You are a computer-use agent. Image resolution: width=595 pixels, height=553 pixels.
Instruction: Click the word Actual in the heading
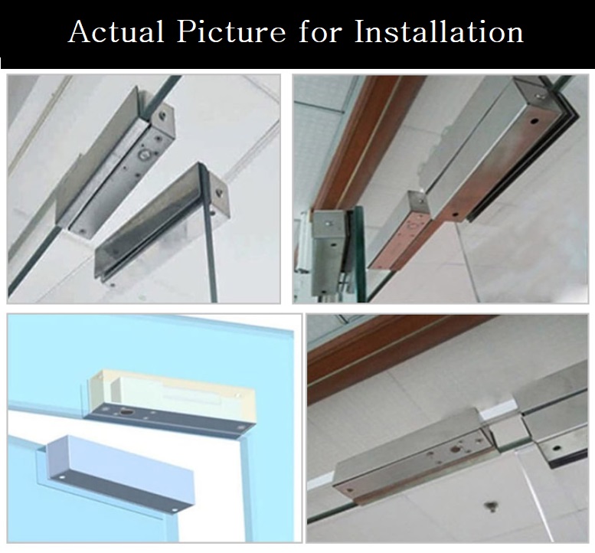pyautogui.click(x=116, y=31)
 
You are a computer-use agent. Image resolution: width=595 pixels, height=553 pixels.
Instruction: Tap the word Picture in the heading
pyautogui.click(x=231, y=31)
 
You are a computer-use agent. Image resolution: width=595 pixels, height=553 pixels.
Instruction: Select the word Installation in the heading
pyautogui.click(x=439, y=31)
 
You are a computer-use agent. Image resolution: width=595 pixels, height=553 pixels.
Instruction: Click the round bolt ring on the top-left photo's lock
pyautogui.click(x=144, y=154)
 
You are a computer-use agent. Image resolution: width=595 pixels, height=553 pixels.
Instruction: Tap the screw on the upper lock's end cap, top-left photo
pyautogui.click(x=164, y=114)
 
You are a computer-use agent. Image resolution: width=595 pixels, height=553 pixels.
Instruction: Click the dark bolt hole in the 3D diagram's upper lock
pyautogui.click(x=126, y=411)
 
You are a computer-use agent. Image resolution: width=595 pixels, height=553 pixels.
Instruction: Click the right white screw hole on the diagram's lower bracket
pyautogui.click(x=175, y=509)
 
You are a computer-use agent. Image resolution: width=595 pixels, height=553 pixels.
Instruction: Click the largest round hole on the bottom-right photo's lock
pyautogui.click(x=454, y=450)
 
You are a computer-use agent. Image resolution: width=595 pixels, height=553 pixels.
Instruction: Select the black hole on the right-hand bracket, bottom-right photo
pyautogui.click(x=556, y=450)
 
